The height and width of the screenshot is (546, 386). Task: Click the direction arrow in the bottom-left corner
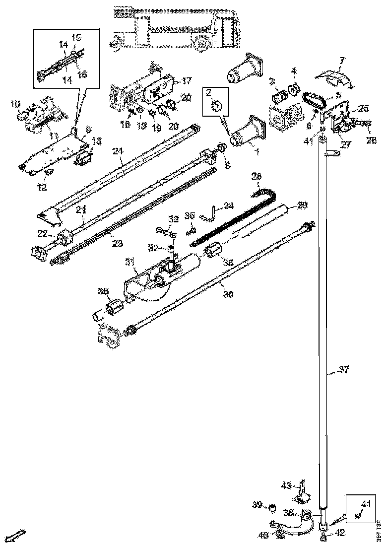(x=18, y=535)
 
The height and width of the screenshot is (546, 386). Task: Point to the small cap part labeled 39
(x=272, y=508)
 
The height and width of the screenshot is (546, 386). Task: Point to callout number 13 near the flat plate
(x=96, y=141)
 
